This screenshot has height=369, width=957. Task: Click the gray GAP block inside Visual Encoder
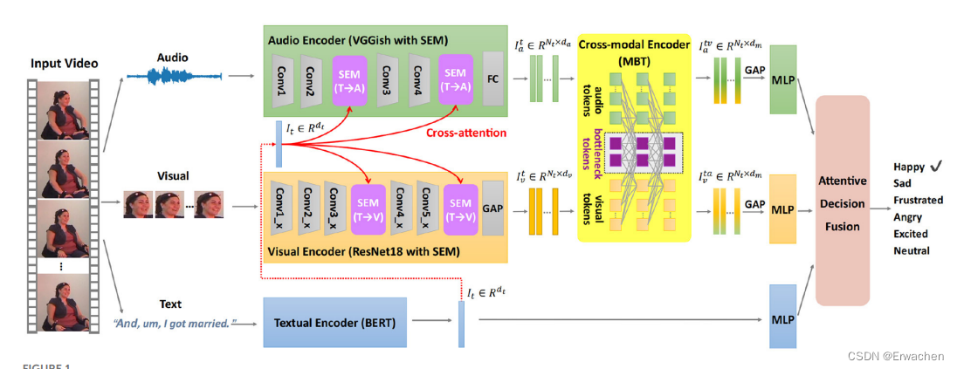click(492, 209)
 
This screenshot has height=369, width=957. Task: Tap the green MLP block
click(782, 81)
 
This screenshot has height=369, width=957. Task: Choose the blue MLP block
click(782, 319)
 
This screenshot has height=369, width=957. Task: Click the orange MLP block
click(782, 210)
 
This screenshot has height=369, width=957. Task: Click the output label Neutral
click(911, 251)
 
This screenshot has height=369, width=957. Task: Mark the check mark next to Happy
click(936, 166)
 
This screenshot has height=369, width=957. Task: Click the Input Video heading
click(65, 64)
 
